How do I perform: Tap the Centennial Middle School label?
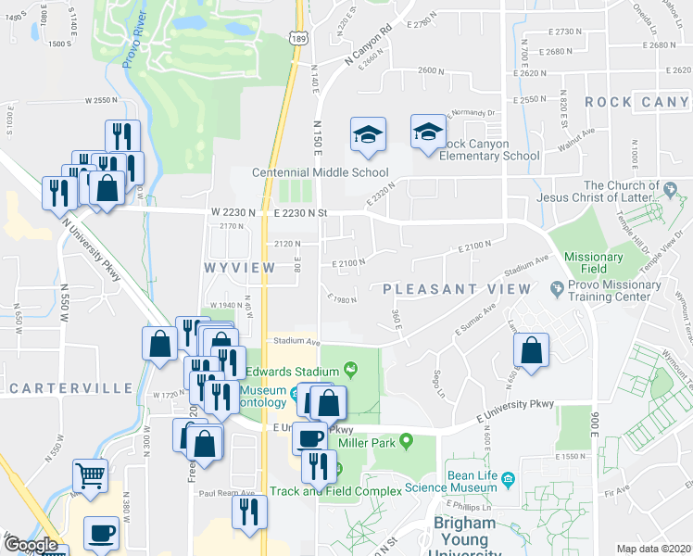coord(321,172)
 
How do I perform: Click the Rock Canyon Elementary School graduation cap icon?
coord(428,134)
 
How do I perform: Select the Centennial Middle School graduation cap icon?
coord(368,136)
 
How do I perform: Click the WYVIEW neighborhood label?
coord(239,267)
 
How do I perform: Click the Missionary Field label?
coord(586,263)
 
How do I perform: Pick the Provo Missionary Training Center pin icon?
coord(557,288)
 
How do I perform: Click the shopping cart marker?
coord(91,476)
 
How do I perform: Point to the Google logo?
coord(31,545)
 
